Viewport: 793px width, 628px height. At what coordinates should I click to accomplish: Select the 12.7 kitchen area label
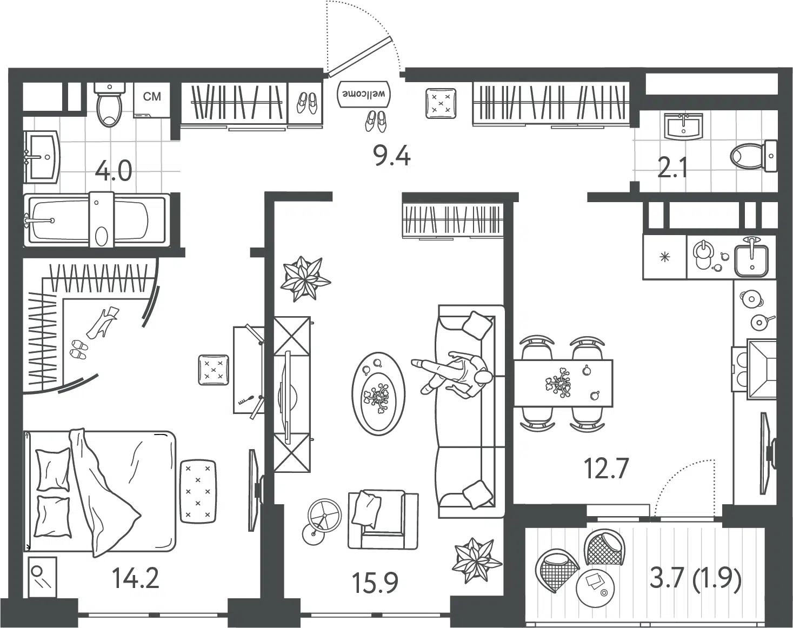coord(606,468)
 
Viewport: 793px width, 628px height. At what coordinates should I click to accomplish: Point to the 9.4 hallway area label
coord(392,155)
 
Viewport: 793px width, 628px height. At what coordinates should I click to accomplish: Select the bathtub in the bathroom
coord(97,220)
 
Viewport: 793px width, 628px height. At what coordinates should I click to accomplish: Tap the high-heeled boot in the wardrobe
coord(102,322)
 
